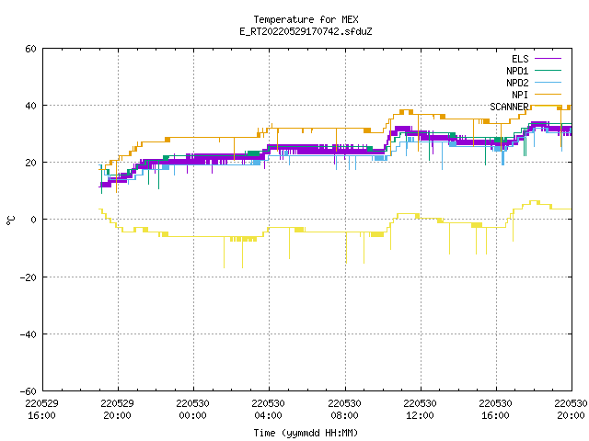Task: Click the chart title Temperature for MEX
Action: pyautogui.click(x=306, y=19)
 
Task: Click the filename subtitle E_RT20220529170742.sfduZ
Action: pyautogui.click(x=306, y=31)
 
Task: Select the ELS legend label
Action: pyautogui.click(x=520, y=59)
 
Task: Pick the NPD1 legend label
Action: pyautogui.click(x=517, y=71)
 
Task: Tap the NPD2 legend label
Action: pyautogui.click(x=517, y=83)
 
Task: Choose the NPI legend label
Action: pyautogui.click(x=520, y=95)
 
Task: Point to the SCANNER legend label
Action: pyautogui.click(x=509, y=107)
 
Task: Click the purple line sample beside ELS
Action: pyautogui.click(x=548, y=59)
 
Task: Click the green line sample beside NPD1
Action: pyautogui.click(x=548, y=70)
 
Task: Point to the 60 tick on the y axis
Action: pyautogui.click(x=30, y=49)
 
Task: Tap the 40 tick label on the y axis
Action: pyautogui.click(x=30, y=106)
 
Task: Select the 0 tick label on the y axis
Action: pyautogui.click(x=34, y=220)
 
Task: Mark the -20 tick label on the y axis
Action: pyautogui.click(x=29, y=277)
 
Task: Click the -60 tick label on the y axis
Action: pyautogui.click(x=29, y=391)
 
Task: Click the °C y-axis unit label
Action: pyautogui.click(x=10, y=220)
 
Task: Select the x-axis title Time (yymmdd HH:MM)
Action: pyautogui.click(x=306, y=433)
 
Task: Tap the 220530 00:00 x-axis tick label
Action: pyautogui.click(x=192, y=410)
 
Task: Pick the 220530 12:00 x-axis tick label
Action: pyautogui.click(x=420, y=410)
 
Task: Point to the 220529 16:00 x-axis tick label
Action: pyautogui.click(x=41, y=410)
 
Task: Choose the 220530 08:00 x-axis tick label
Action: pyautogui.click(x=344, y=410)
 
